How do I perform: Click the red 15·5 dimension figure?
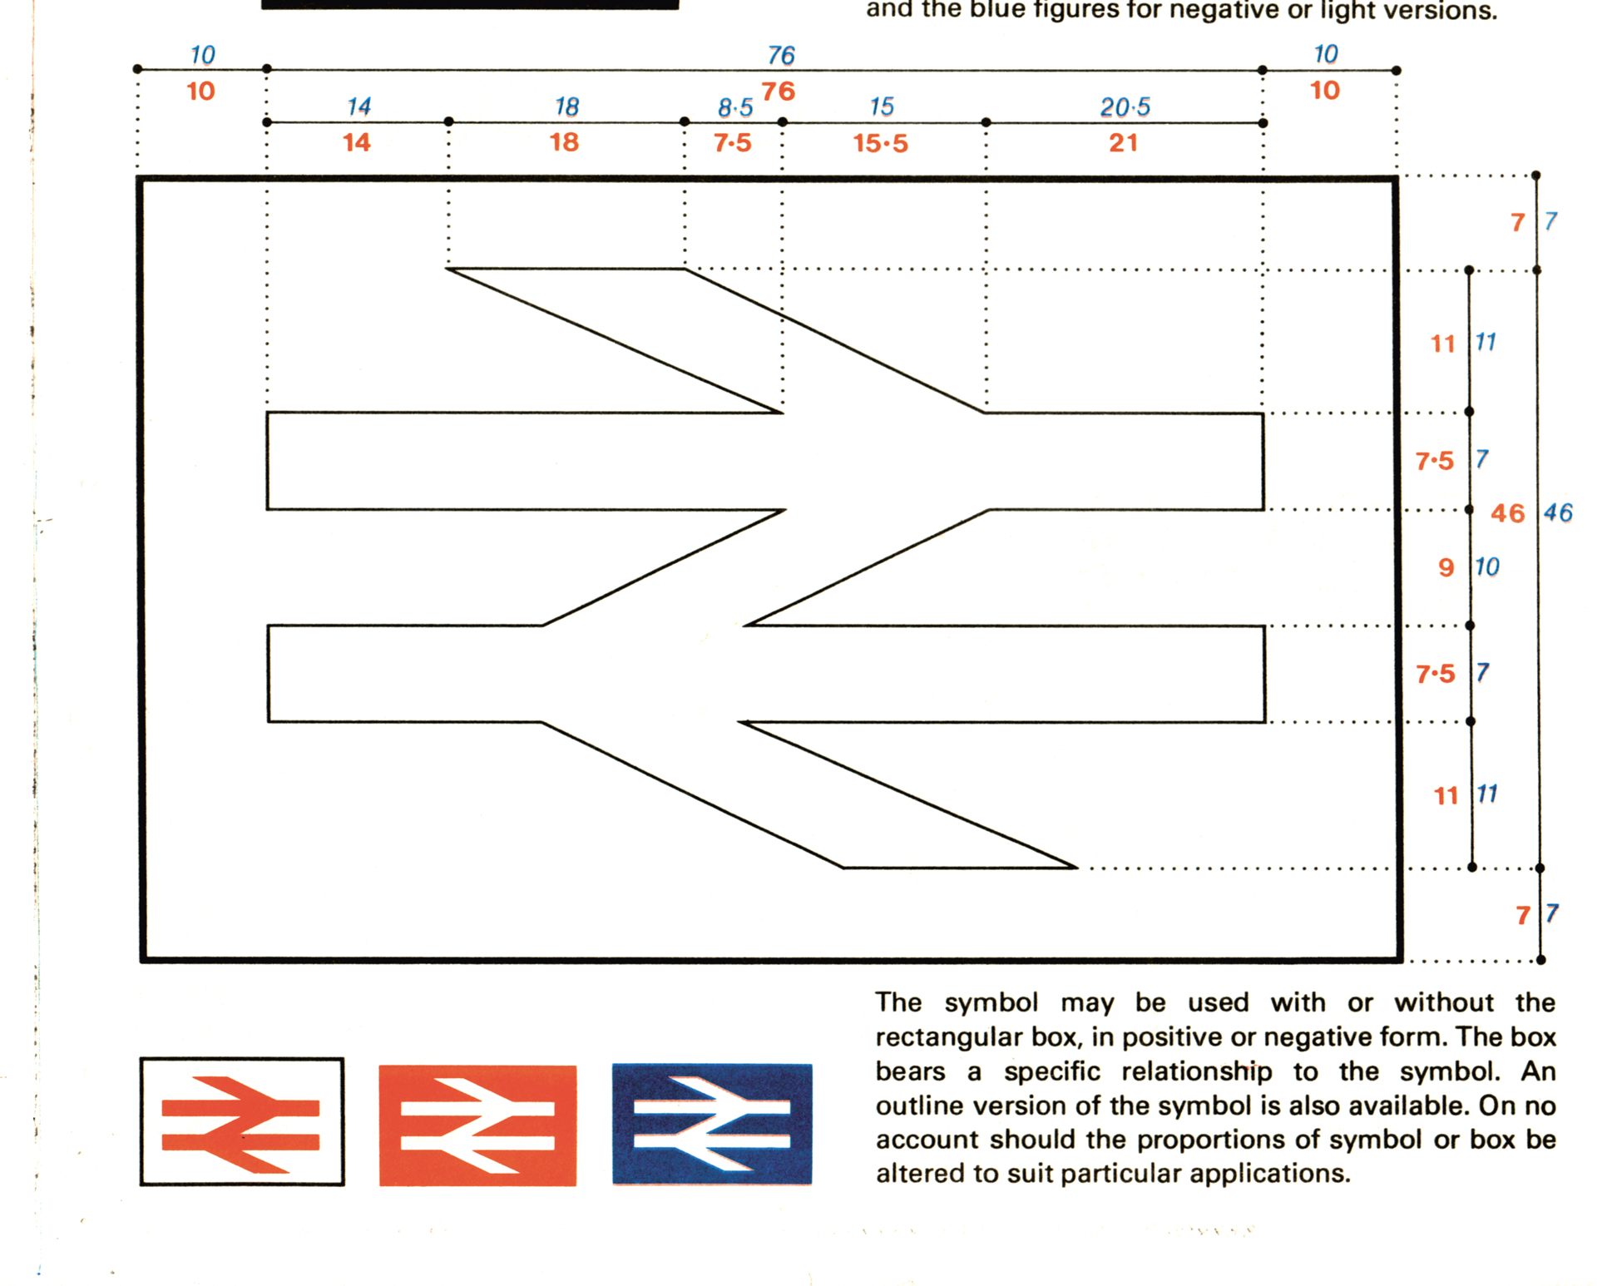[880, 143]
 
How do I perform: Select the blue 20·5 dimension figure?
[1125, 107]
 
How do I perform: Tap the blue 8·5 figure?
[735, 108]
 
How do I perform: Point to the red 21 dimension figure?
[1123, 143]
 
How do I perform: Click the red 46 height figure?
[1508, 513]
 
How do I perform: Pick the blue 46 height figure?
[1558, 512]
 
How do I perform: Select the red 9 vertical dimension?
[1446, 567]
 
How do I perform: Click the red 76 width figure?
[778, 92]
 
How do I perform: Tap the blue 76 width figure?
[781, 56]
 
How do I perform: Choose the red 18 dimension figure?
[564, 142]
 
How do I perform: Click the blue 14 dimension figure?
[358, 106]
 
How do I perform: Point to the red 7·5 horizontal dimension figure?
[732, 143]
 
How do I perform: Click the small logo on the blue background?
[712, 1124]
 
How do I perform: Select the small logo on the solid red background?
[477, 1125]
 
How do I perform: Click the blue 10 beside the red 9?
[1486, 567]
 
